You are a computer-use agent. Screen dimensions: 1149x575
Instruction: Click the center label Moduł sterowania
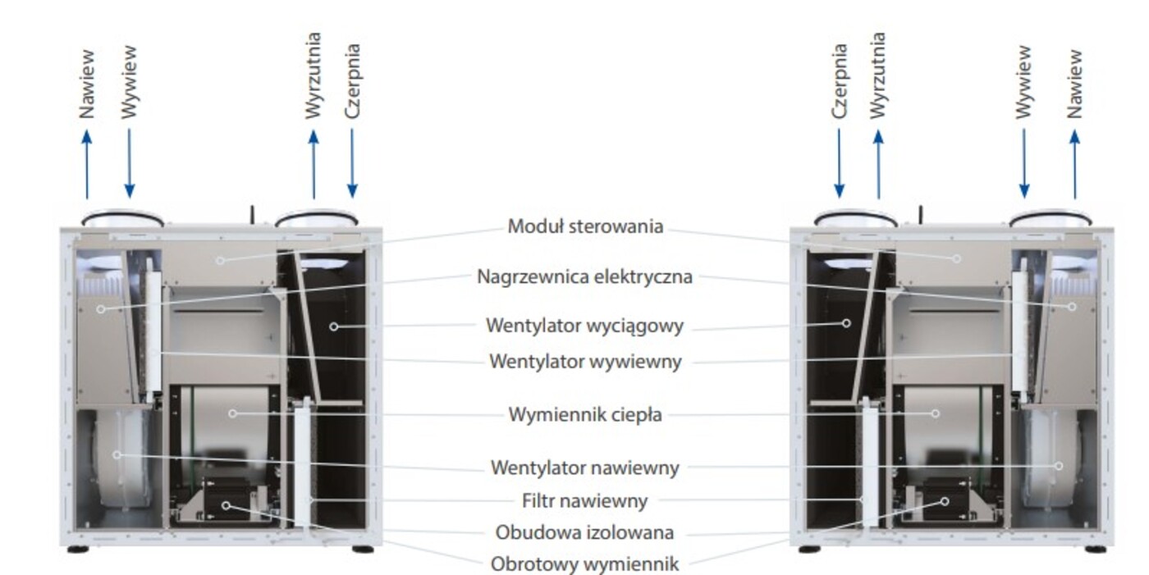pos(585,226)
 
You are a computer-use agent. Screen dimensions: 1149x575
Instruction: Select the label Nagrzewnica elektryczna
pos(584,276)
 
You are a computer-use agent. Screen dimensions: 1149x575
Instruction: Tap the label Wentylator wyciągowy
pos(584,326)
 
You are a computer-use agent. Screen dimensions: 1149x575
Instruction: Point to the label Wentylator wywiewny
pos(585,361)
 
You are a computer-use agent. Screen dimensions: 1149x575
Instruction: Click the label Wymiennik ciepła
pos(585,414)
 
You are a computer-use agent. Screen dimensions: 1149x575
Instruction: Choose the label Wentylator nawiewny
pos(584,468)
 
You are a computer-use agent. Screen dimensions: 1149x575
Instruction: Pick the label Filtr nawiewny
pos(584,500)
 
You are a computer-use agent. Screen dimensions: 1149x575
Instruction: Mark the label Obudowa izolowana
pos(584,532)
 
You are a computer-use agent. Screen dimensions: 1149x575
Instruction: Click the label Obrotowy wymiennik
pos(584,564)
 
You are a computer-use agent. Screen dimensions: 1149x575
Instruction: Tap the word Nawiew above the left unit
pos(87,84)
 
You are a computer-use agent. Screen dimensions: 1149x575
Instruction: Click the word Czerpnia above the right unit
pos(839,81)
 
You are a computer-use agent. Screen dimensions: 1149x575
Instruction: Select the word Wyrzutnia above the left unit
pos(313,75)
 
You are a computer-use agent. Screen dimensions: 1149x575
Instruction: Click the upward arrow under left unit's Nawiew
pos(87,164)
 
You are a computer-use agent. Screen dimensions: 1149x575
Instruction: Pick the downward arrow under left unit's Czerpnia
pos(352,163)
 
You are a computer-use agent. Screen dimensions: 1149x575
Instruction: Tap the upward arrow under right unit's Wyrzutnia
pos(879,164)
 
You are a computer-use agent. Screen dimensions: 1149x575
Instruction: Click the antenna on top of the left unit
pos(253,215)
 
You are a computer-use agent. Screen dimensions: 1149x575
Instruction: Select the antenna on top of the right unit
pos(921,215)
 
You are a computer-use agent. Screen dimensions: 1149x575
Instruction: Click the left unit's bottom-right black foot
pos(363,550)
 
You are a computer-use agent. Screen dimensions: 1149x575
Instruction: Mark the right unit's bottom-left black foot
pos(809,550)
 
